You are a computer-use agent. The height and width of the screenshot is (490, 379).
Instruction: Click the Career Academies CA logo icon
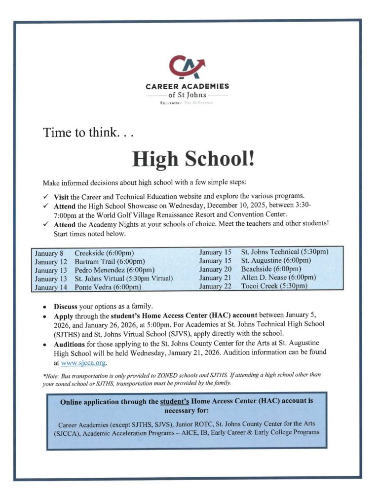coord(187,68)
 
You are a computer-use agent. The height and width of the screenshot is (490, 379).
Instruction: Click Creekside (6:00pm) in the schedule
coord(104,253)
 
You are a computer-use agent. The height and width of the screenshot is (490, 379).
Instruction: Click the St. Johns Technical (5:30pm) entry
coord(285,252)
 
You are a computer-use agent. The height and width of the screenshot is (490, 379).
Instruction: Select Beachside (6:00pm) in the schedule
coord(271,269)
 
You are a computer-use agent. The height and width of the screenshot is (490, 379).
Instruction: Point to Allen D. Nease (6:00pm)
coord(278,277)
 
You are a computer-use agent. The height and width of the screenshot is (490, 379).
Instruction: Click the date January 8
coord(49,253)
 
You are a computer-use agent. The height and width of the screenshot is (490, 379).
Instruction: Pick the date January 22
coord(215,286)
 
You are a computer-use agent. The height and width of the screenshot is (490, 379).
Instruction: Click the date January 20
coord(215,269)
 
